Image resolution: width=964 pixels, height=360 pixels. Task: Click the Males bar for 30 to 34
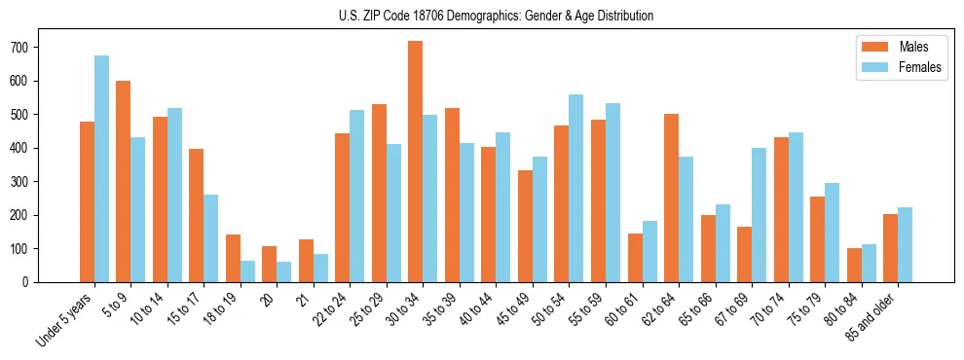pyautogui.click(x=416, y=162)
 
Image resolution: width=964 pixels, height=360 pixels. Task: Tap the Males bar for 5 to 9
pyautogui.click(x=124, y=181)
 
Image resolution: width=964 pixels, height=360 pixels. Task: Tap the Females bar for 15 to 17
pyautogui.click(x=211, y=238)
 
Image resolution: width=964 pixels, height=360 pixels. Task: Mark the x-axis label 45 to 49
pyautogui.click(x=513, y=309)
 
